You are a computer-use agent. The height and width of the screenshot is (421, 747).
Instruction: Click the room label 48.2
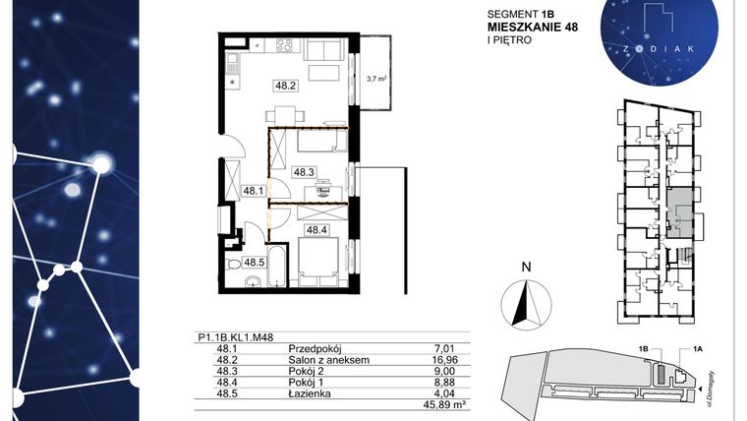[286, 86]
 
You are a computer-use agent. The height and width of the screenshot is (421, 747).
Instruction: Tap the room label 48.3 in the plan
[304, 171]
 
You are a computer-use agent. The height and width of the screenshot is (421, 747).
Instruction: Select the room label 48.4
[316, 230]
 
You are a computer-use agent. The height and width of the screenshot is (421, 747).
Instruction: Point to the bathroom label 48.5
[255, 262]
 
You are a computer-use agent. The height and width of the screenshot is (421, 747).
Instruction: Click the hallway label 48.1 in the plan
[255, 191]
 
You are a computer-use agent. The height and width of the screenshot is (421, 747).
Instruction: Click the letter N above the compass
[527, 266]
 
